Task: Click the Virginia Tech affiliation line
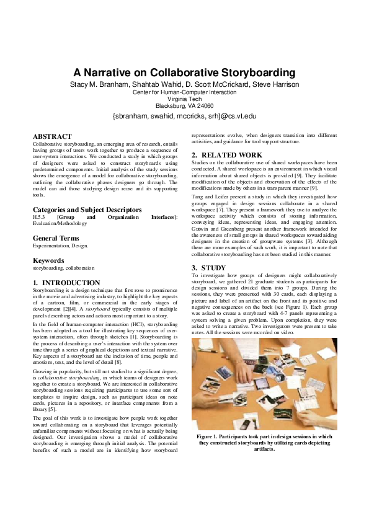pos(184,99)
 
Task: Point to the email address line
pos(184,115)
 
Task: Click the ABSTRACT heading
pos(52,136)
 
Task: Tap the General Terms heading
pos(56,238)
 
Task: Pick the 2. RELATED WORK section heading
pos(226,155)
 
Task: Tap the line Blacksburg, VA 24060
pos(184,105)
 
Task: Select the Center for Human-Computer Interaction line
pos(184,92)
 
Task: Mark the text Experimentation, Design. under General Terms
pos(60,246)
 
